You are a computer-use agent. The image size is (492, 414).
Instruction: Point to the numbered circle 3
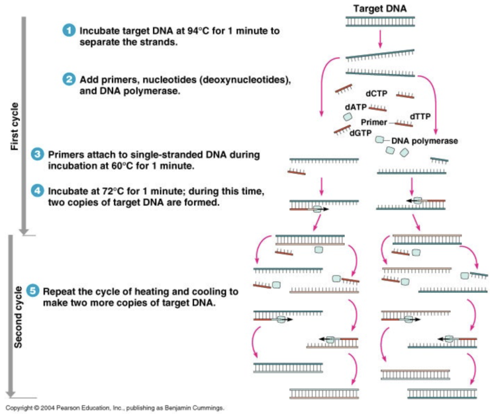[38, 154]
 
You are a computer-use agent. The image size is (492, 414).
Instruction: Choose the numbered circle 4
[38, 191]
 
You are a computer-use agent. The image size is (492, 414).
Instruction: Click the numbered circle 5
[31, 291]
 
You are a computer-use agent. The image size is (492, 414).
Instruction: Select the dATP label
[356, 106]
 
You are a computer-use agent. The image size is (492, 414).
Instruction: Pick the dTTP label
[420, 116]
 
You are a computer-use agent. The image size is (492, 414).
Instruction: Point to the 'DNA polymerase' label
[424, 141]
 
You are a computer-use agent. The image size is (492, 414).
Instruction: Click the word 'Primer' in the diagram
[374, 122]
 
